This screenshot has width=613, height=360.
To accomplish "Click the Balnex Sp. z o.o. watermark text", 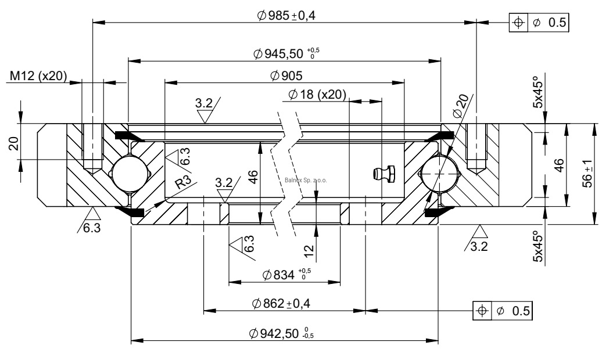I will (x=306, y=180).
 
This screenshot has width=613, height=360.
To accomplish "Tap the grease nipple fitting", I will (x=384, y=172).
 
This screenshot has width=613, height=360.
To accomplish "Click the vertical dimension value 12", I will (x=309, y=250).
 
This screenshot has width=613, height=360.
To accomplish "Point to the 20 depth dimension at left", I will (x=13, y=143).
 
